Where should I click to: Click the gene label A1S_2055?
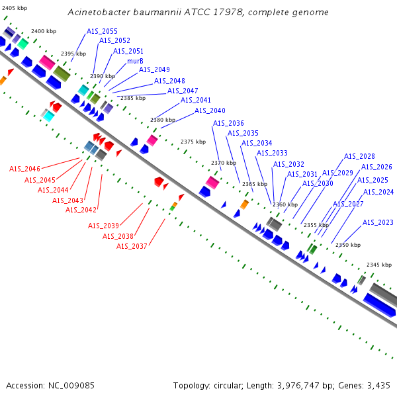tap(102, 31)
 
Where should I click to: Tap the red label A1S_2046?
tap(24, 169)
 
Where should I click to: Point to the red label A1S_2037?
tap(132, 246)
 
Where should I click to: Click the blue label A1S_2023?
tap(378, 222)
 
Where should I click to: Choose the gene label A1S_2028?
tap(359, 156)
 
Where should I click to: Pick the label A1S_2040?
tap(210, 110)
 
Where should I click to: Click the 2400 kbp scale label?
tap(44, 31)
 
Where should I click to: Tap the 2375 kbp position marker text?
tap(193, 142)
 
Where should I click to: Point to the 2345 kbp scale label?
tap(379, 265)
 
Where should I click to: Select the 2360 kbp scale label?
tap(285, 204)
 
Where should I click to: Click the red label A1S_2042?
tap(81, 210)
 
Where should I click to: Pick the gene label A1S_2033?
tap(272, 153)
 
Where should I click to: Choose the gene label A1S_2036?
tap(228, 123)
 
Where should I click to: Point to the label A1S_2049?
tap(154, 69)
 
